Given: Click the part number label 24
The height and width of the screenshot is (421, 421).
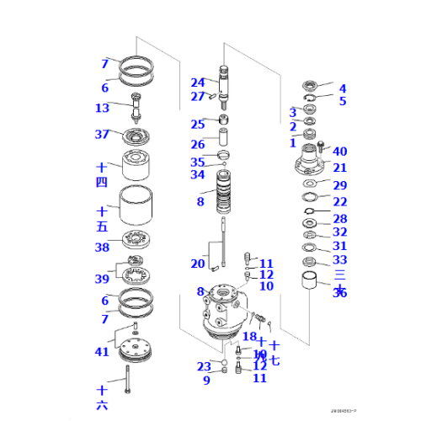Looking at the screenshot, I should click(197, 83).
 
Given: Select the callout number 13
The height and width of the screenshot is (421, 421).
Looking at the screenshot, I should click(102, 108).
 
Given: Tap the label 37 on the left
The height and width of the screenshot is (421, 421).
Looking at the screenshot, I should click(102, 135).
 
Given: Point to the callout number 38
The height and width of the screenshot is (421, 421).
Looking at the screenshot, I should click(102, 248).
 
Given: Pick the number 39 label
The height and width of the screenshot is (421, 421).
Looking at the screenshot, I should click(102, 279).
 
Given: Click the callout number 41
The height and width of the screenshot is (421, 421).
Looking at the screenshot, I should click(102, 352).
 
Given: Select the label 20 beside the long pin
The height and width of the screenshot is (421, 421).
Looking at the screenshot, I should click(197, 264).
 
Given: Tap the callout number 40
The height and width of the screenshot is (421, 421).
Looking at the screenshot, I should click(339, 152).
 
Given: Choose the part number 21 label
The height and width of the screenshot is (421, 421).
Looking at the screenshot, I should click(339, 168).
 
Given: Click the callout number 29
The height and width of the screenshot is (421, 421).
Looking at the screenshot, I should click(339, 185).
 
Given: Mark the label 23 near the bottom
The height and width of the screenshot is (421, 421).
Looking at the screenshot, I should click(203, 366).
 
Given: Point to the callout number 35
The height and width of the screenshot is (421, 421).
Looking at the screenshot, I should click(197, 162).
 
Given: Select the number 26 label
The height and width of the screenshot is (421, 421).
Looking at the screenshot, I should click(197, 144).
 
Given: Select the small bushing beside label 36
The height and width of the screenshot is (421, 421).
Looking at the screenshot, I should click(312, 277).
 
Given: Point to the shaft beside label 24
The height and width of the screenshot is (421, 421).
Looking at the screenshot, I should click(226, 88).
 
